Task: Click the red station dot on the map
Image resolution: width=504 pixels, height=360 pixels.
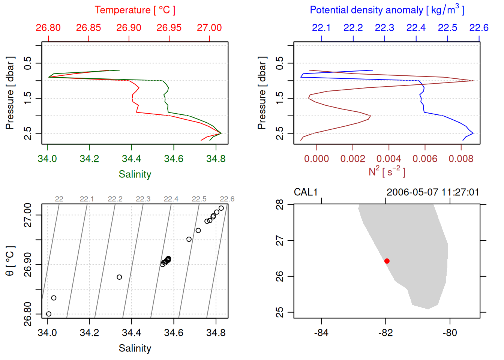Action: click(x=387, y=261)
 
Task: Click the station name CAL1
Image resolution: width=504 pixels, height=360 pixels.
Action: click(x=306, y=192)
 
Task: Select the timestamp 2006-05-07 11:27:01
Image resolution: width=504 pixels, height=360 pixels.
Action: click(x=433, y=192)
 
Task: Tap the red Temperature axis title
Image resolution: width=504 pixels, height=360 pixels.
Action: click(x=135, y=10)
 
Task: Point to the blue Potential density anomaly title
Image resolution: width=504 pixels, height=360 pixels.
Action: click(x=387, y=10)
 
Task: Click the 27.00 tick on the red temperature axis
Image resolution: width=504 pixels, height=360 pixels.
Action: click(x=209, y=28)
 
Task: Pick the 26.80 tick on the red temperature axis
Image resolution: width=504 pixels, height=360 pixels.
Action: click(x=48, y=28)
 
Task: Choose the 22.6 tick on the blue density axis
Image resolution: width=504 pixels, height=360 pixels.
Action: click(x=479, y=28)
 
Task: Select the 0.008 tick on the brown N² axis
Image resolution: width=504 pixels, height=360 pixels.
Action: click(x=461, y=159)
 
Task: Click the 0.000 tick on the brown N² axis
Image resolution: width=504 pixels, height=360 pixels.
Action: click(x=316, y=159)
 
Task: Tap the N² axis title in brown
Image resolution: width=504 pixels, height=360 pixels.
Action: click(x=387, y=172)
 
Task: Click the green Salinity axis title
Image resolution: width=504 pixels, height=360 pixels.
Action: click(x=135, y=174)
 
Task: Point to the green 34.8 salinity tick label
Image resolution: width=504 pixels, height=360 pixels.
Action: click(x=216, y=159)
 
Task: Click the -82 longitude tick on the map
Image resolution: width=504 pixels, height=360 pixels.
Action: click(x=385, y=333)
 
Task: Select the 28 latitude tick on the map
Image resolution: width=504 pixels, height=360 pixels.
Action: click(x=280, y=205)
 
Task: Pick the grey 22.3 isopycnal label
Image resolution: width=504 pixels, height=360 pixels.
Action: click(x=143, y=199)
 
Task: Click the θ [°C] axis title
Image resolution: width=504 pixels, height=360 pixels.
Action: click(x=10, y=261)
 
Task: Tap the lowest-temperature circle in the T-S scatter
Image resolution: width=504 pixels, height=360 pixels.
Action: click(x=48, y=314)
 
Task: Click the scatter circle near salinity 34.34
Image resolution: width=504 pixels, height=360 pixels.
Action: click(x=119, y=277)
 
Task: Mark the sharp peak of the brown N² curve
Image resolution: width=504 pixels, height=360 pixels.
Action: click(x=473, y=81)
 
